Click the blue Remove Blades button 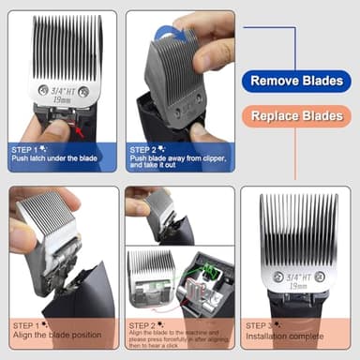click(x=295, y=81)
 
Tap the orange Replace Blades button click(x=295, y=117)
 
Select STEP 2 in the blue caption click(x=145, y=149)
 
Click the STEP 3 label click(x=262, y=324)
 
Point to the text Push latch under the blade click(x=54, y=158)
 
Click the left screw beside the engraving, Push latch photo click(x=42, y=91)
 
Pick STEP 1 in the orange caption click(x=28, y=324)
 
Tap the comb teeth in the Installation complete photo click(x=298, y=230)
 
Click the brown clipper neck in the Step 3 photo click(x=298, y=304)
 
